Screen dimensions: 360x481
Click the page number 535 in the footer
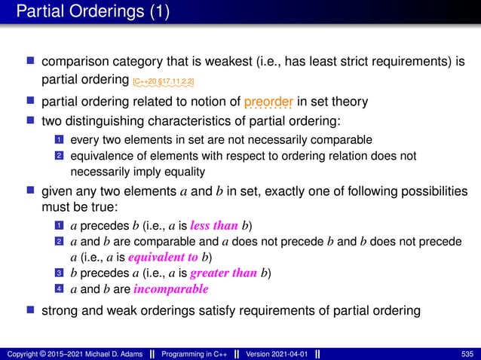(467, 353)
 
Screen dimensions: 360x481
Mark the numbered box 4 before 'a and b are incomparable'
(59, 288)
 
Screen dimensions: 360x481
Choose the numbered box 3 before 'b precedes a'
(59, 273)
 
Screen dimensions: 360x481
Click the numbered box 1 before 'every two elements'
(59, 139)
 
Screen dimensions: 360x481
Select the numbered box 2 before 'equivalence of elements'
(59, 155)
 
